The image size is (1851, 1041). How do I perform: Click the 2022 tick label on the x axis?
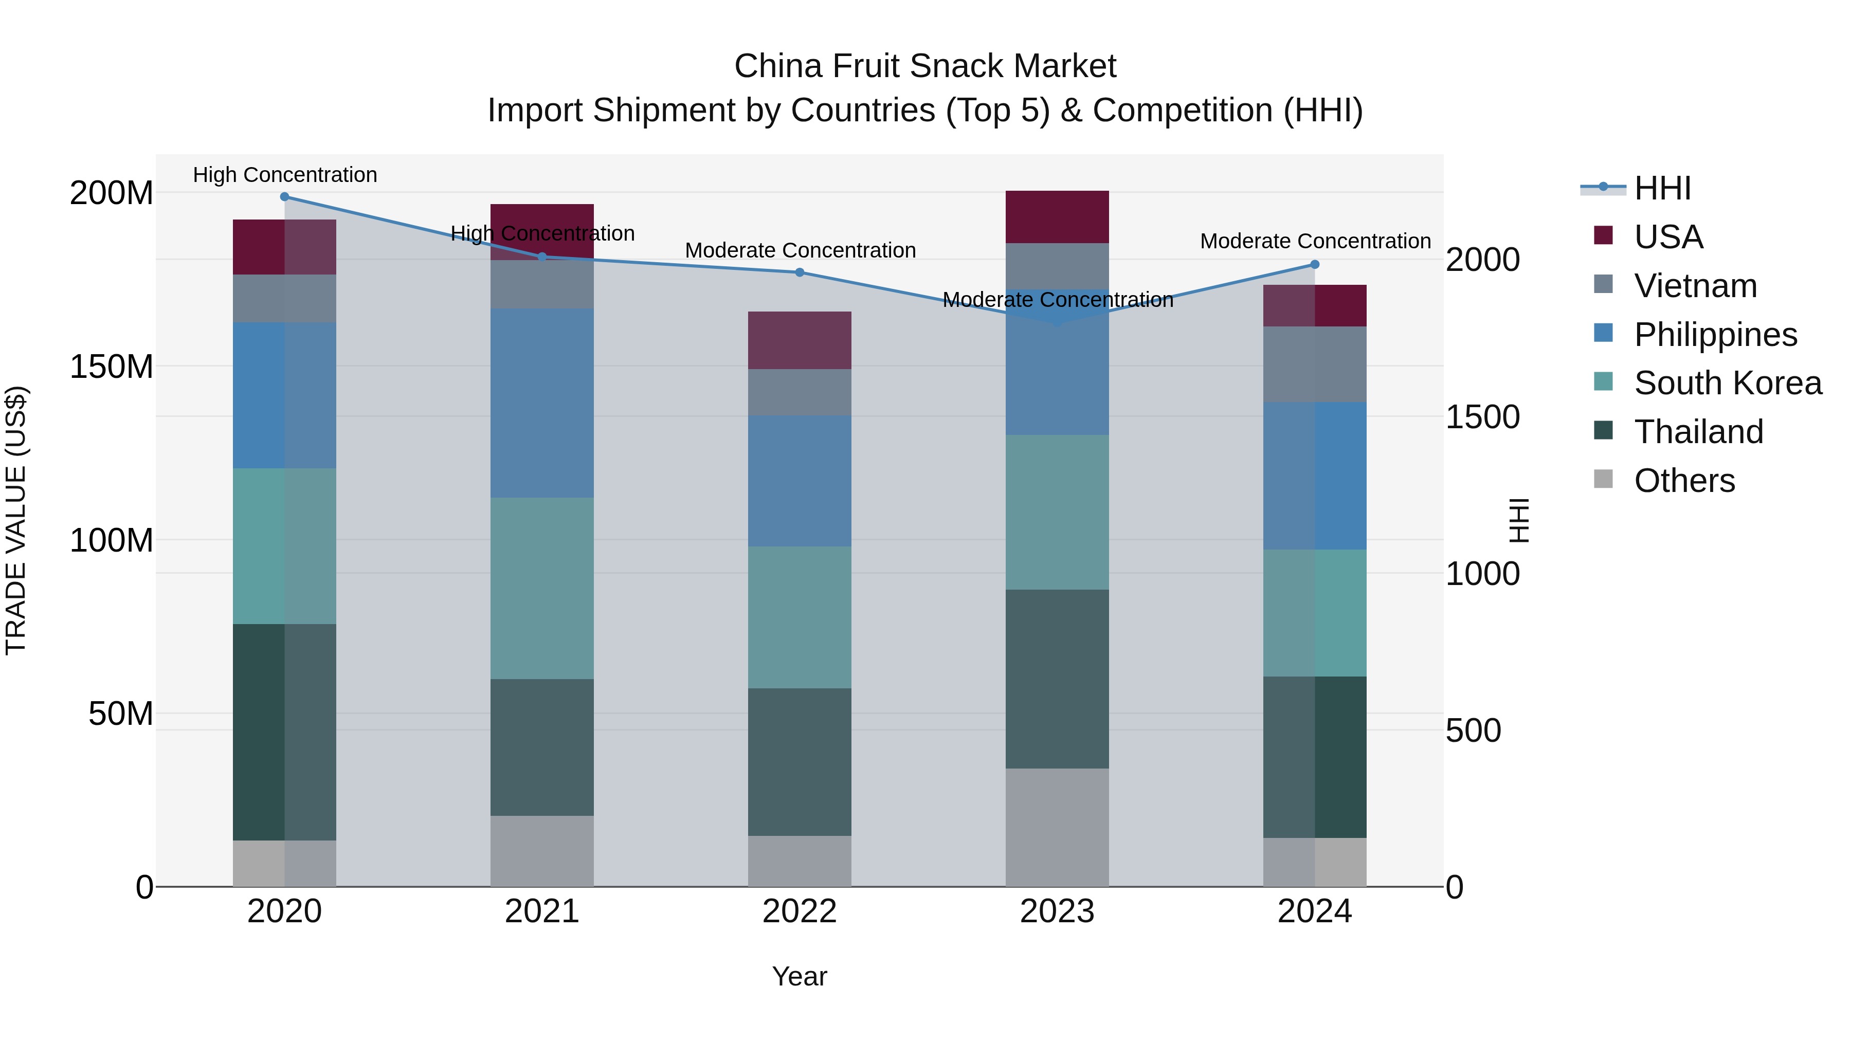click(799, 911)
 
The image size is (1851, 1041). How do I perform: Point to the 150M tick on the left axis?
click(112, 367)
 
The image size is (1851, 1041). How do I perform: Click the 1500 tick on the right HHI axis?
click(1482, 417)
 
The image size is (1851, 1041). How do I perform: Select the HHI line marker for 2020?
click(284, 197)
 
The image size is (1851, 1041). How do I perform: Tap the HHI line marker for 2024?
click(1315, 264)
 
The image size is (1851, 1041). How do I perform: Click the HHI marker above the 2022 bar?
click(800, 272)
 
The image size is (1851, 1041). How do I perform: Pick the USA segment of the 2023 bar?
click(1057, 217)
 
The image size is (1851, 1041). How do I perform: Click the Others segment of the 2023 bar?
click(1057, 827)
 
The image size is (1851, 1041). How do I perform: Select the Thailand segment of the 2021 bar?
click(542, 747)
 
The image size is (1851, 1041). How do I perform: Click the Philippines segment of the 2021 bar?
click(542, 403)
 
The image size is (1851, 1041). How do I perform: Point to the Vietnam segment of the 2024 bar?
click(1315, 364)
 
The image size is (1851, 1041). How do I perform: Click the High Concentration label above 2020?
click(284, 175)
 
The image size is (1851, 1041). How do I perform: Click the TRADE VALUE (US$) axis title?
click(16, 521)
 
